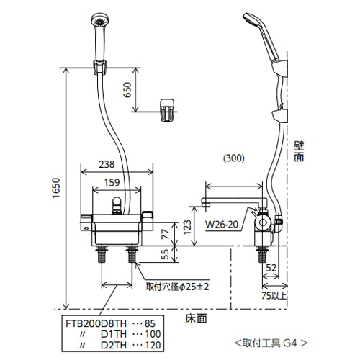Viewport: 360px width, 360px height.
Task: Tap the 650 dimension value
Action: coord(127,90)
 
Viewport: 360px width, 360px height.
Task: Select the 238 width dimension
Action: coord(107,164)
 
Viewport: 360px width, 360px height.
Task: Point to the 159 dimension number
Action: coord(112,183)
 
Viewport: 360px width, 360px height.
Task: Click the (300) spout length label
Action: coord(234,158)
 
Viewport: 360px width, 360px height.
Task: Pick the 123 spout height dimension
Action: coord(187,227)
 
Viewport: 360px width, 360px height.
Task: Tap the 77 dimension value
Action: coord(165,234)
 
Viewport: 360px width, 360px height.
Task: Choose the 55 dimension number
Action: coord(165,254)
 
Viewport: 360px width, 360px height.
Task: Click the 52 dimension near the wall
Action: coord(271,268)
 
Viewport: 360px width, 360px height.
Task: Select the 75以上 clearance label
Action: coord(274,296)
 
